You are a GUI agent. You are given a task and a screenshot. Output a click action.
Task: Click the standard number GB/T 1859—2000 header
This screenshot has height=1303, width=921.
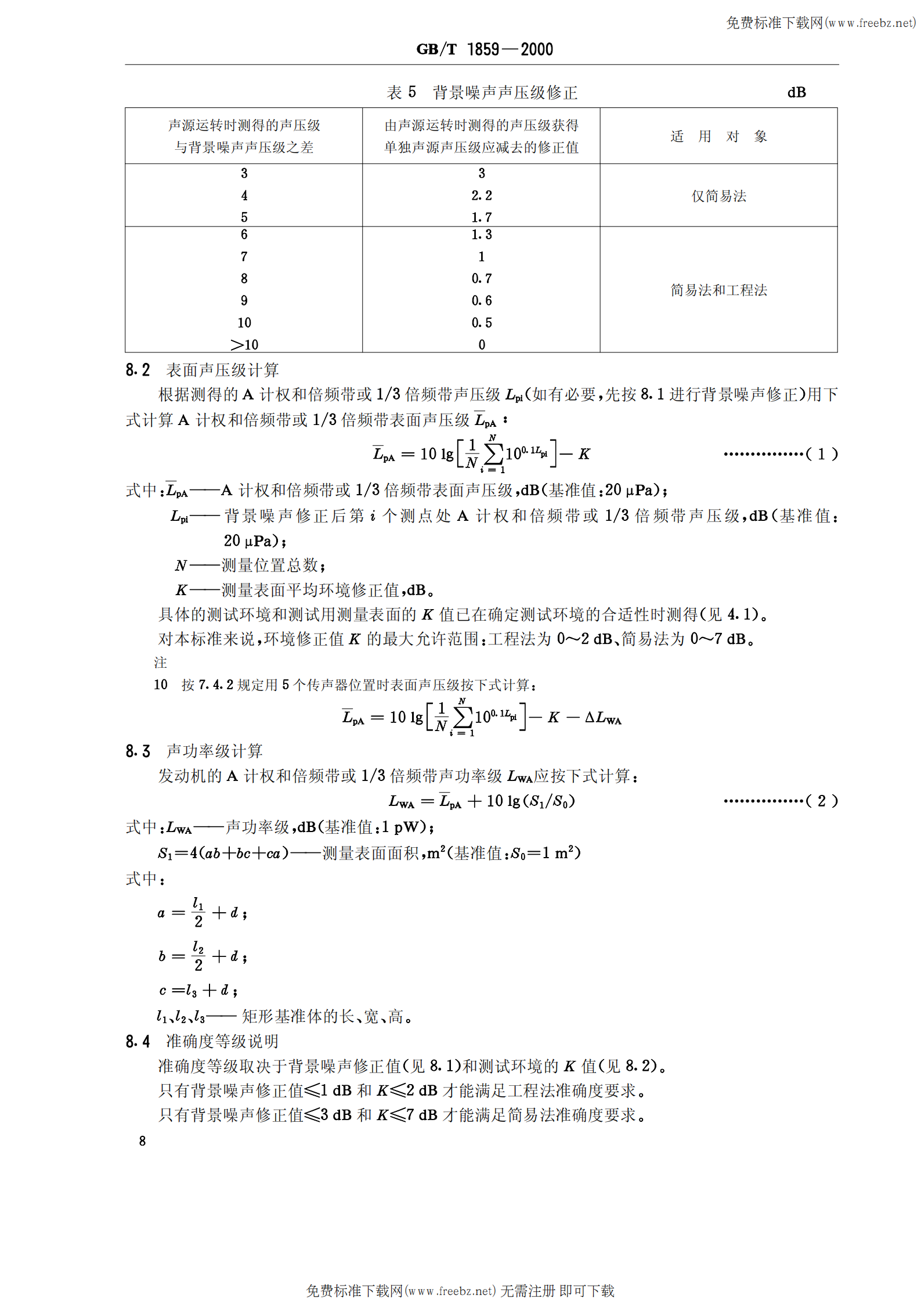point(484,49)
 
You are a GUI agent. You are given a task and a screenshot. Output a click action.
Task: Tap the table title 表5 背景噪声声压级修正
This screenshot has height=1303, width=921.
point(482,92)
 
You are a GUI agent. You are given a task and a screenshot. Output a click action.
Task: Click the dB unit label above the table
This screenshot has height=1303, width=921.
point(796,92)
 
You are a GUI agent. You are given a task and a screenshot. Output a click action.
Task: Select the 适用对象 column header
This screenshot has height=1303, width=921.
point(718,136)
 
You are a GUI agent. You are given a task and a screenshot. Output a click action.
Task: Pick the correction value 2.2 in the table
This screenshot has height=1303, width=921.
point(481,196)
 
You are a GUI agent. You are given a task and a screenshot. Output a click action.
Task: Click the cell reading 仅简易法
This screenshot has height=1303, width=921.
point(718,196)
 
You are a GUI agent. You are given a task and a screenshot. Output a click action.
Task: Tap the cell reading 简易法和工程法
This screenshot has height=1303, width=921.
point(718,290)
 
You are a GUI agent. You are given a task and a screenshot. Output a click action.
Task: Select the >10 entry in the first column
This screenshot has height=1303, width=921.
point(244,345)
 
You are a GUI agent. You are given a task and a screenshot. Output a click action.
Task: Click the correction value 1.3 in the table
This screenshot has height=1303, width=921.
point(481,235)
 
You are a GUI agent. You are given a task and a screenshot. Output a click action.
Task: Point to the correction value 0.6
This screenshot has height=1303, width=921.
point(481,301)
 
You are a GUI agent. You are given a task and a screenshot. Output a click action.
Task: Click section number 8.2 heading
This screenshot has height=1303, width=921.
point(138,370)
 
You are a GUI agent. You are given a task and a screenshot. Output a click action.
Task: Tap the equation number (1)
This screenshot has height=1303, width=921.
point(821,454)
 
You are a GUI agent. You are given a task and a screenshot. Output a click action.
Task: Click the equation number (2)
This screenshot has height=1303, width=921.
point(821,801)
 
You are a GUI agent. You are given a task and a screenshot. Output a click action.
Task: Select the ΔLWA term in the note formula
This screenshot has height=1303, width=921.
point(603,718)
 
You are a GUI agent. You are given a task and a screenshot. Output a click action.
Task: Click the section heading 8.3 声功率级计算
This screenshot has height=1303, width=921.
point(194,751)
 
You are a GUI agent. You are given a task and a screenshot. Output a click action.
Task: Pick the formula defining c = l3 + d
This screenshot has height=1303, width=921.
point(198,990)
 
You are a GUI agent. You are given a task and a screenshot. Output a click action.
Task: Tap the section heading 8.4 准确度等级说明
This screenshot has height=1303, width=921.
point(201,1041)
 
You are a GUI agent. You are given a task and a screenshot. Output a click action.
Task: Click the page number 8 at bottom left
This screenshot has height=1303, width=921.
point(142,1141)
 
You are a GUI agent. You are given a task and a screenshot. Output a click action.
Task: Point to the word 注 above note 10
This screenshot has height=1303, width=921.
point(160,663)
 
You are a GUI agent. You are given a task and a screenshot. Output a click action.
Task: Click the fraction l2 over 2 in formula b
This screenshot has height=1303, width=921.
point(198,956)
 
